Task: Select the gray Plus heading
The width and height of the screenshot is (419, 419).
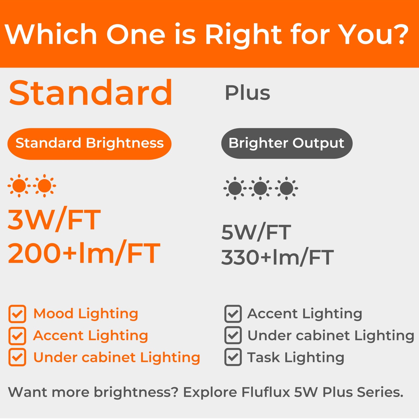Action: (247, 93)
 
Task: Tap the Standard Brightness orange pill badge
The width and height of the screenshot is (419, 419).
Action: (89, 144)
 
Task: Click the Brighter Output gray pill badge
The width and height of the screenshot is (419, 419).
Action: (287, 143)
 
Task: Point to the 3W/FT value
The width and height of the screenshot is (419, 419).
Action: (54, 220)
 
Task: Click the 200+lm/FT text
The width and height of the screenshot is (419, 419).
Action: (84, 253)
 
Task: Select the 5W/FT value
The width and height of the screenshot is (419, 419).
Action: (256, 232)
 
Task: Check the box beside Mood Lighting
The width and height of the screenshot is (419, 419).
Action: (17, 314)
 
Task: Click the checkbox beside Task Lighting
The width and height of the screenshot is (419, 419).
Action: (233, 357)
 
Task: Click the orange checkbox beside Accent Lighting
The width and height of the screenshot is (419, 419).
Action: (17, 336)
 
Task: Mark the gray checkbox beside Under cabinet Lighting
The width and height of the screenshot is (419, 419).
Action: (233, 335)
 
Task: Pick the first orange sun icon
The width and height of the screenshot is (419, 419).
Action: (19, 186)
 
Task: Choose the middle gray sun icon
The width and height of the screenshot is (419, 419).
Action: (260, 188)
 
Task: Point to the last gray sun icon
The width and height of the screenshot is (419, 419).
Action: (286, 188)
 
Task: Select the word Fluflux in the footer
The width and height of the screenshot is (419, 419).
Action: (265, 392)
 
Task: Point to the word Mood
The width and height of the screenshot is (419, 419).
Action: (53, 314)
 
